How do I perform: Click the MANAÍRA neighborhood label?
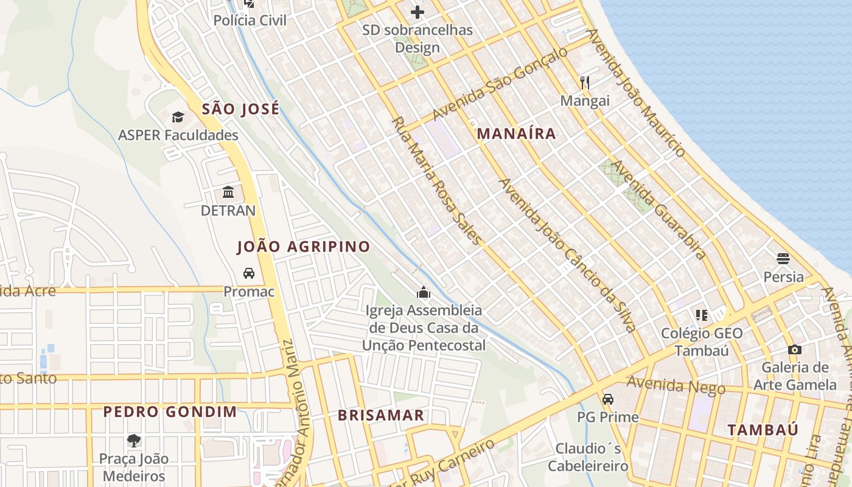516,134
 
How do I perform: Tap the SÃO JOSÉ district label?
240,110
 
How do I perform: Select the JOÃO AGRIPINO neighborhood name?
303,247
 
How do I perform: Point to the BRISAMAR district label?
381,416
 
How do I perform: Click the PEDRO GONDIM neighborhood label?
170,412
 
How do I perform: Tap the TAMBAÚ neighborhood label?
763,430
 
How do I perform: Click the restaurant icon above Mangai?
585,83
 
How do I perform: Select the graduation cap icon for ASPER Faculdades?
178,117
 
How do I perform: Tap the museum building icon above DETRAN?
228,192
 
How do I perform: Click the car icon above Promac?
249,273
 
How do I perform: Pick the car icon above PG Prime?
607,399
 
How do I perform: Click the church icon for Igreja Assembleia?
424,293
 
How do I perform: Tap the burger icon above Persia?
783,259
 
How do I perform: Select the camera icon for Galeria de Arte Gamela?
794,349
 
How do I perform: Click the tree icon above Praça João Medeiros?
134,440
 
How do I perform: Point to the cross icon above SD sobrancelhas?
417,12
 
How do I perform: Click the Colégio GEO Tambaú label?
702,342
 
